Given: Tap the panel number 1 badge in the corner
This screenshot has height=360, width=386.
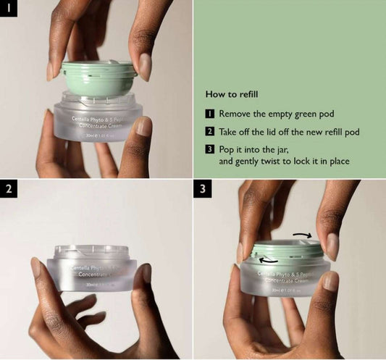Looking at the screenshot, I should click(9, 10).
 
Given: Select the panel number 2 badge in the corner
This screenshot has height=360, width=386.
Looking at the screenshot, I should click(9, 191).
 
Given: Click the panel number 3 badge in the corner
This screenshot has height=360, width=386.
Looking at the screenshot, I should click(204, 191).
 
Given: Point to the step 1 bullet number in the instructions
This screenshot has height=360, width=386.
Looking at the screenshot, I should click(210, 114).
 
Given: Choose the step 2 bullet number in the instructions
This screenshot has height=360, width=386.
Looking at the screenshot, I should click(210, 132).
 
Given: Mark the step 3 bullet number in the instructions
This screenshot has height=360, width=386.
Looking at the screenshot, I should click(210, 149).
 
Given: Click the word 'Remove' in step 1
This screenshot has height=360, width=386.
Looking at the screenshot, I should click(235, 114).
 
